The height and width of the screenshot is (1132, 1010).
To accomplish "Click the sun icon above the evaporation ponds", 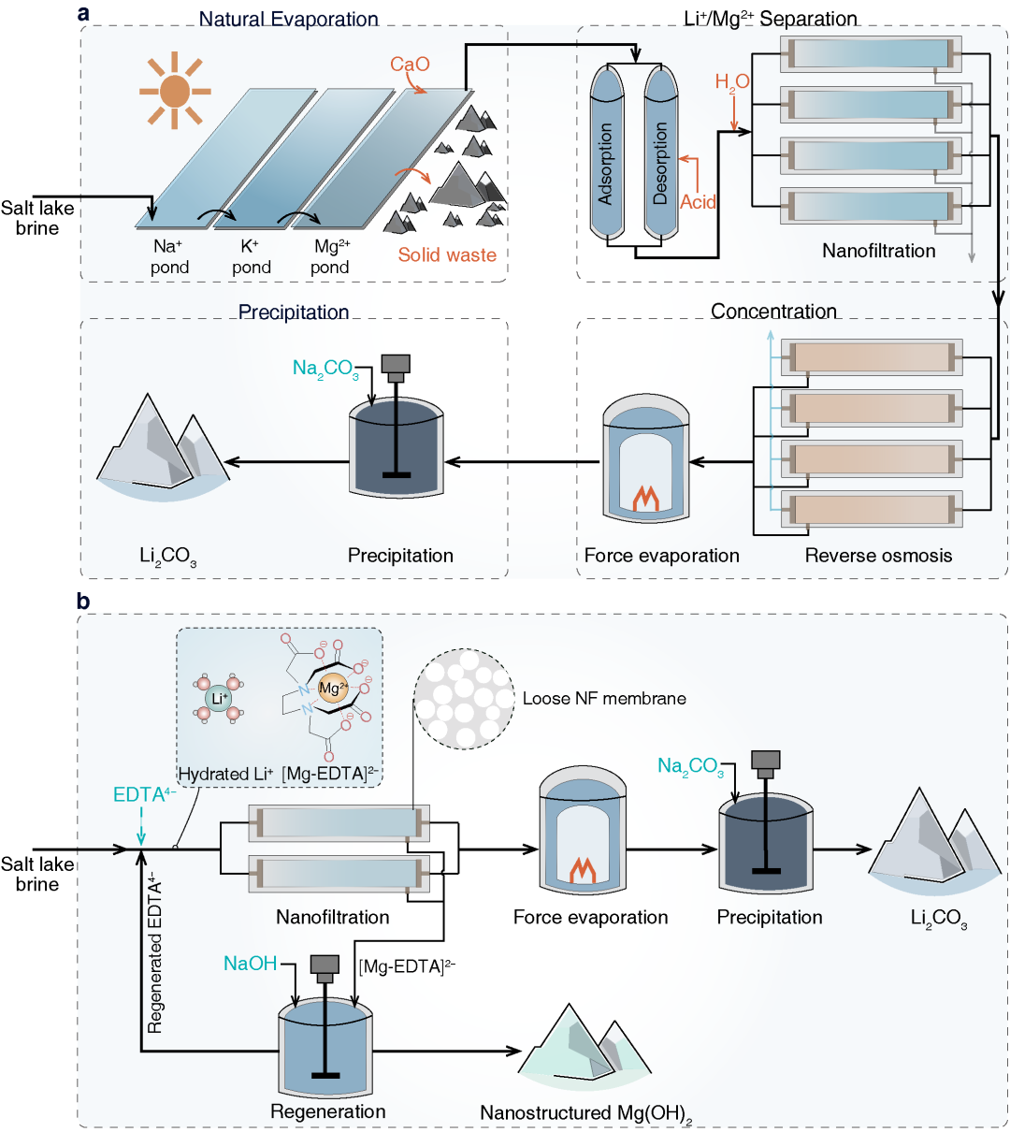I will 173,91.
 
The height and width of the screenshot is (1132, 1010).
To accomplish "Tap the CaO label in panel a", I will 410,65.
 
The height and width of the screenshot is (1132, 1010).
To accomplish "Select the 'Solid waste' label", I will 447,254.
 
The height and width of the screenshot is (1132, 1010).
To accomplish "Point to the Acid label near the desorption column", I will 698,202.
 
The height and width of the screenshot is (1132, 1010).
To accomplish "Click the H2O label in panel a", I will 732,82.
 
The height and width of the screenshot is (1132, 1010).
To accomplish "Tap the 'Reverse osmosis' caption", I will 878,556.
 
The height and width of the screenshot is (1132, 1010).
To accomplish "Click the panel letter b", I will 84,602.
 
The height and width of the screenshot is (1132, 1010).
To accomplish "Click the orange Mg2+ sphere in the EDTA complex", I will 330,689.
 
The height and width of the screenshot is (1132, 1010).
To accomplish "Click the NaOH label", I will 250,964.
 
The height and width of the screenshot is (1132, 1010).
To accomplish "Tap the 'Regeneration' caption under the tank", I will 327,1111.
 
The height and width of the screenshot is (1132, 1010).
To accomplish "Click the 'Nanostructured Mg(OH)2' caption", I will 586,1113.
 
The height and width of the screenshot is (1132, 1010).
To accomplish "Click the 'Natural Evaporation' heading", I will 288,19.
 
